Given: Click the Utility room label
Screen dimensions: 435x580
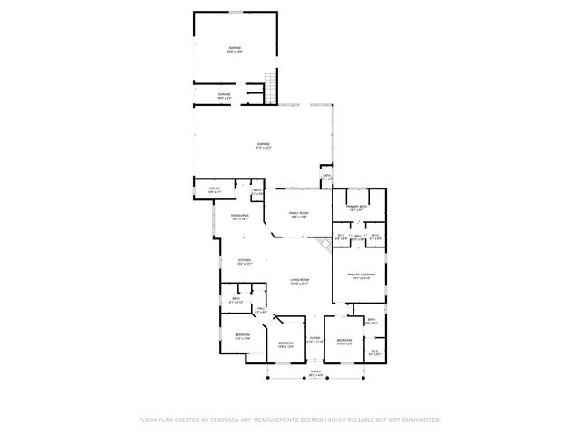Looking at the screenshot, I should [214, 190].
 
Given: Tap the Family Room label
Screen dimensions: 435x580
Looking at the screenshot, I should [299, 215].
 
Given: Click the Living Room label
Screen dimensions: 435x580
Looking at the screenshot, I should [300, 282].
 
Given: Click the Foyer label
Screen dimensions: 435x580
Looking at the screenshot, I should [314, 341].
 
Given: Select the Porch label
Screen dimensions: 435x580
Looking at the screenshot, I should [316, 372].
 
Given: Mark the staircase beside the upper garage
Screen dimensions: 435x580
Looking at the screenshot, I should [269, 88].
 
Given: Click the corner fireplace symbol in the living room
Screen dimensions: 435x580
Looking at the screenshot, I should [324, 245].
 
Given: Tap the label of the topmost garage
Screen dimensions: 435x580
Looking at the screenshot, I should [234, 49].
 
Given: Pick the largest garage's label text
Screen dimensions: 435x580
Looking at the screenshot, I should [263, 145].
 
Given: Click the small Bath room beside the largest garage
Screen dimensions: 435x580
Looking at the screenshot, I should [326, 179].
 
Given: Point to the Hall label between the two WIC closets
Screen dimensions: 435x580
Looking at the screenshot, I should [359, 237].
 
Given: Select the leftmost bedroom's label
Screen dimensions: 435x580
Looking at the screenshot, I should [243, 336].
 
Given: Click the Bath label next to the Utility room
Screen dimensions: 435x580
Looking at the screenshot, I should [257, 191].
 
